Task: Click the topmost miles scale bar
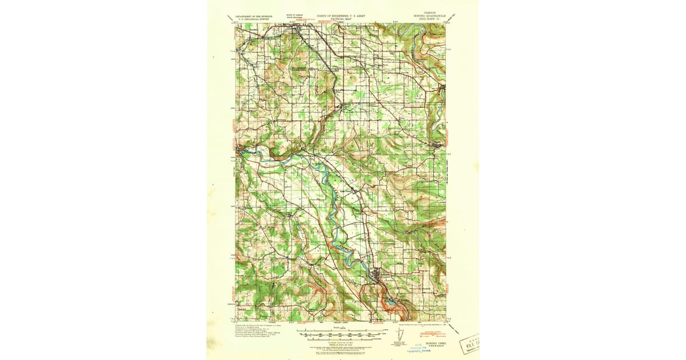342,330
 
